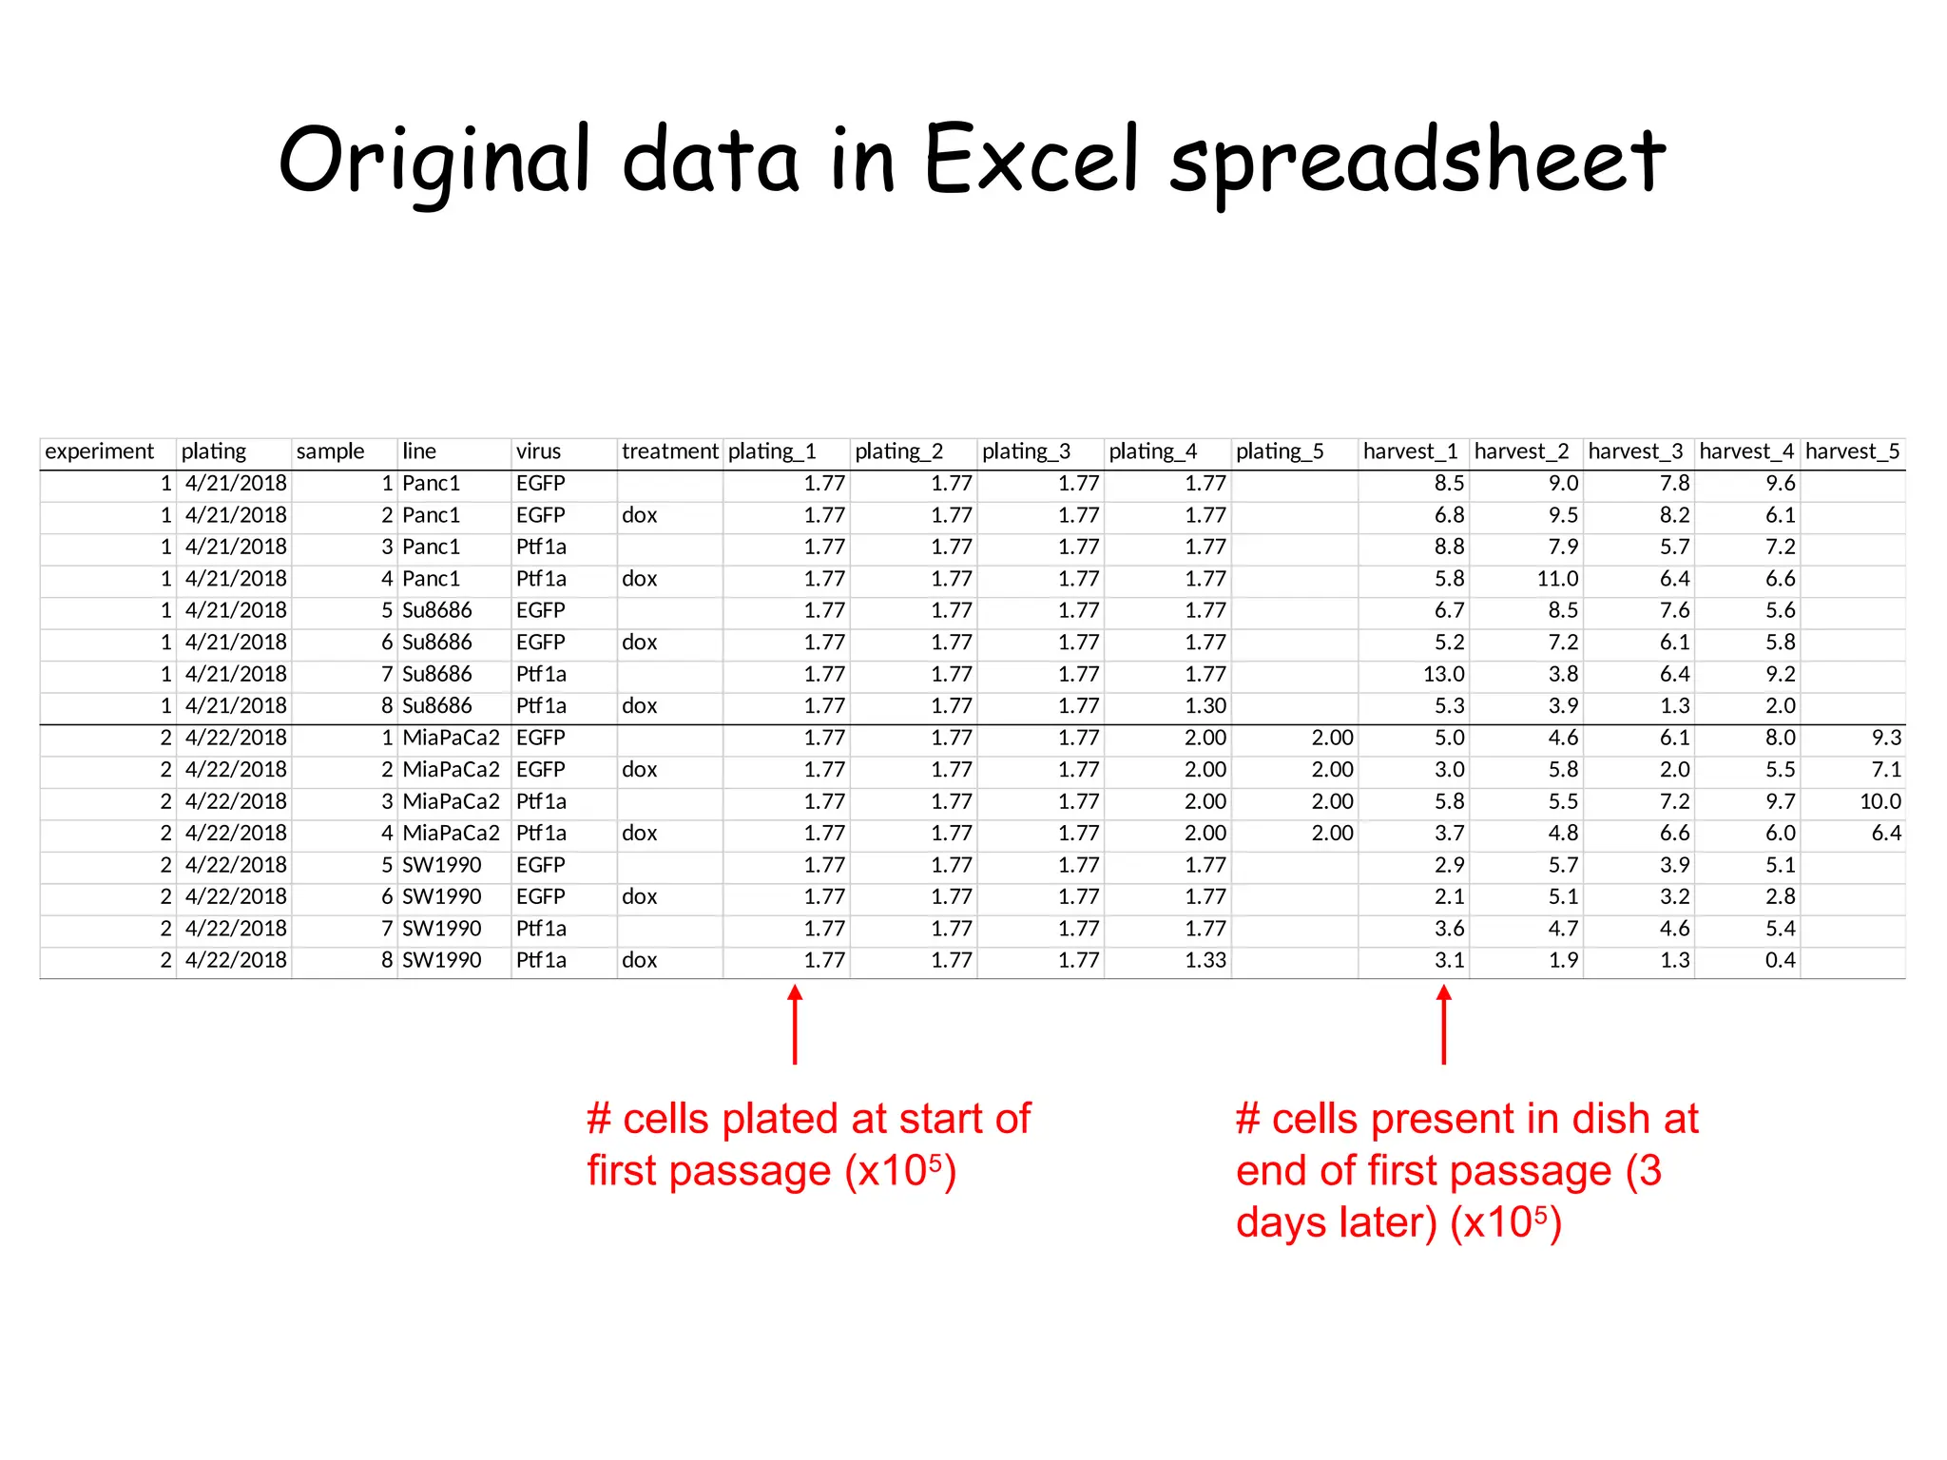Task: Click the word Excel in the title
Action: click(x=1031, y=159)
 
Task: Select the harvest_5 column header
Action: click(x=1852, y=451)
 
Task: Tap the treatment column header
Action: click(x=669, y=451)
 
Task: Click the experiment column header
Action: click(x=99, y=451)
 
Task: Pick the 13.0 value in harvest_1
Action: click(x=1443, y=674)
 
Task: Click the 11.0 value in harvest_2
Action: click(x=1557, y=579)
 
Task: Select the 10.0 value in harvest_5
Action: click(x=1880, y=801)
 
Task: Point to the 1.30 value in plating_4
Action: click(x=1205, y=706)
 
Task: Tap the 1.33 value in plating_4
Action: click(x=1205, y=960)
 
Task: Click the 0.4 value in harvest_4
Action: click(x=1780, y=960)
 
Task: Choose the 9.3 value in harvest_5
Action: click(x=1885, y=738)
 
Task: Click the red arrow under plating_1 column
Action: click(x=795, y=1024)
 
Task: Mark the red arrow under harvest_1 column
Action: click(x=1443, y=1024)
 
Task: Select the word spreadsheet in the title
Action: click(x=1417, y=162)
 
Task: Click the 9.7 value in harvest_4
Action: click(x=1780, y=801)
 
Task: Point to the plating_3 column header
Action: click(x=1026, y=451)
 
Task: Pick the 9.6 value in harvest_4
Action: click(x=1780, y=484)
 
